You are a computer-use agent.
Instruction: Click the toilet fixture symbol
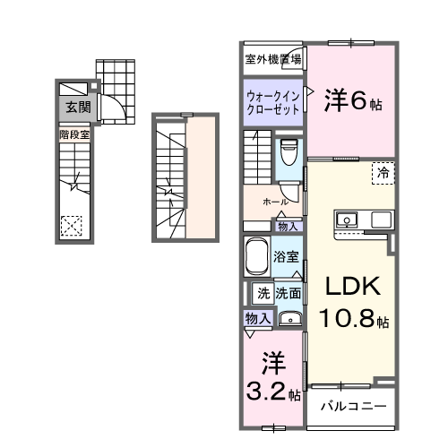coord(289,152)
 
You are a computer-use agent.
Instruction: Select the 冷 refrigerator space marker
coord(383,171)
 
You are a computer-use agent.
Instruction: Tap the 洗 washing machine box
coord(263,292)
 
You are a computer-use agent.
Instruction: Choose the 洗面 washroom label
coord(288,292)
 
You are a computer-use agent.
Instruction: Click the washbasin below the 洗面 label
coord(289,317)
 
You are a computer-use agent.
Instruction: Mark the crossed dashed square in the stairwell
coord(73,225)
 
